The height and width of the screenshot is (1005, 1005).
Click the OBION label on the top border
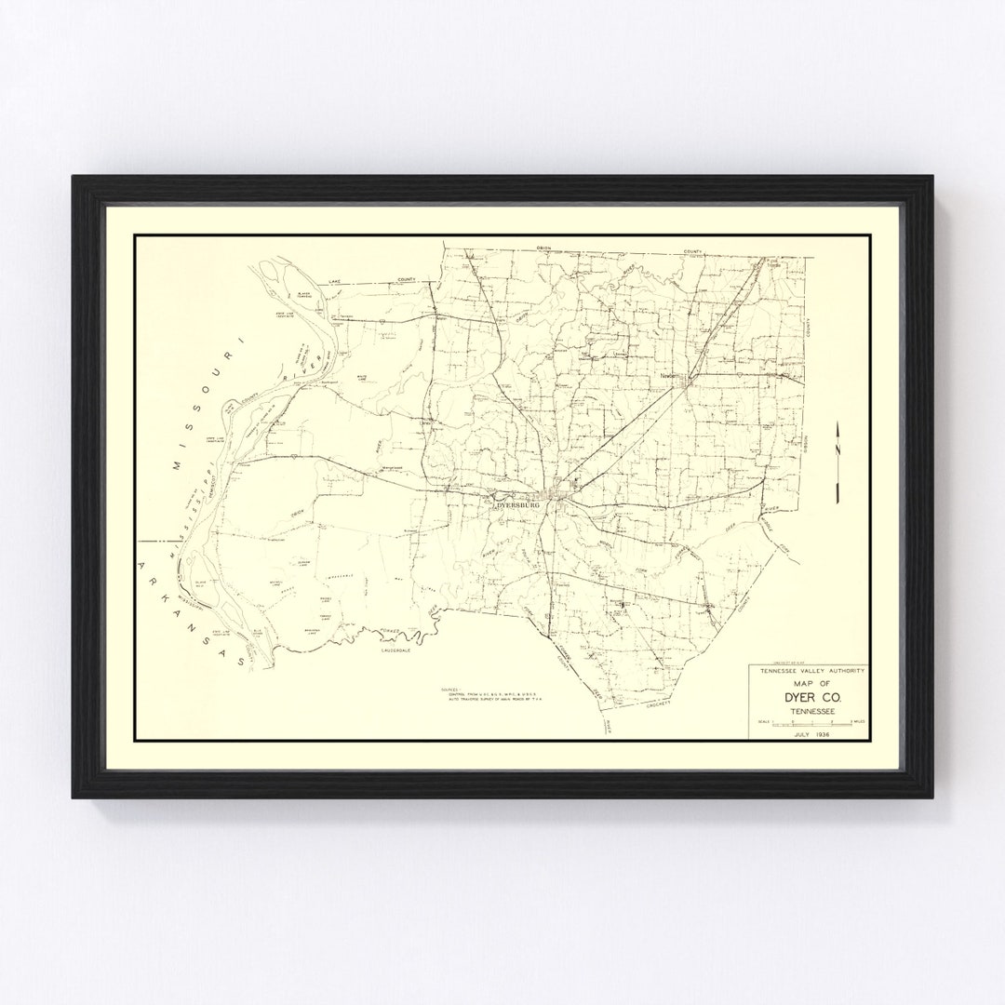[x=544, y=248]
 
